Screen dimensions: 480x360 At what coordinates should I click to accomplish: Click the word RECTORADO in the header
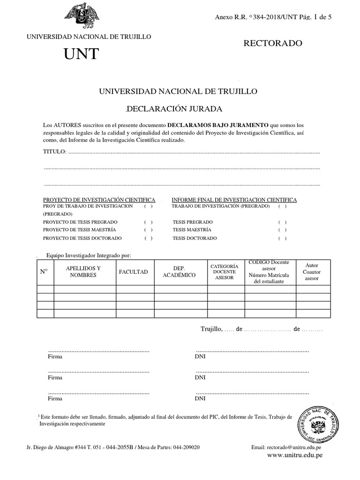[x=273, y=44]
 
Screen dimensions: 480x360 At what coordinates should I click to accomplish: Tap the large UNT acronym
[x=82, y=54]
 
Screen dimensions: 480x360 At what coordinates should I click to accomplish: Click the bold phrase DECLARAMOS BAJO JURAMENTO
[x=218, y=125]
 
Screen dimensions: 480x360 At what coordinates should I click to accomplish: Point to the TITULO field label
[x=55, y=152]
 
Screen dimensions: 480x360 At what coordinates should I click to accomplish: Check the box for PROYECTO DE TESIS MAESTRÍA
[x=149, y=230]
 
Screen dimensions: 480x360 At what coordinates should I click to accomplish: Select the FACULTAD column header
[x=133, y=272]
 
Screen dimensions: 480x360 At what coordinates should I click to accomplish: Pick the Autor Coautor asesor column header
[x=312, y=271]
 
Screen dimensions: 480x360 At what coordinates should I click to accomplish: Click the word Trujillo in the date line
[x=210, y=330]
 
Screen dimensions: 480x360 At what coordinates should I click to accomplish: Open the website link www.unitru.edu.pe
[x=295, y=455]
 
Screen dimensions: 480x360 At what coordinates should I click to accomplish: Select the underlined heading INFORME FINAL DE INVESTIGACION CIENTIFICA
[x=234, y=200]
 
